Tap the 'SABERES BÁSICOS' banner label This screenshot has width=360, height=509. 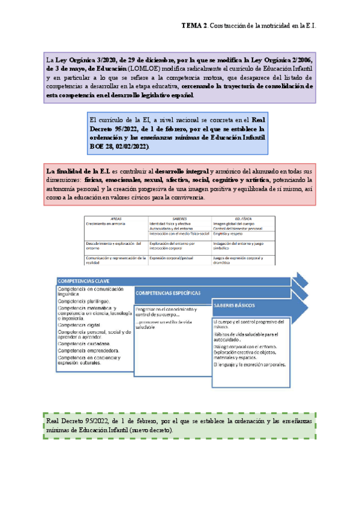[x=234, y=306]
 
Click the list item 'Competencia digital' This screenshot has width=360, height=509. [x=79, y=324]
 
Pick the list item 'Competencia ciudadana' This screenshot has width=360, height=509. [x=83, y=343]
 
